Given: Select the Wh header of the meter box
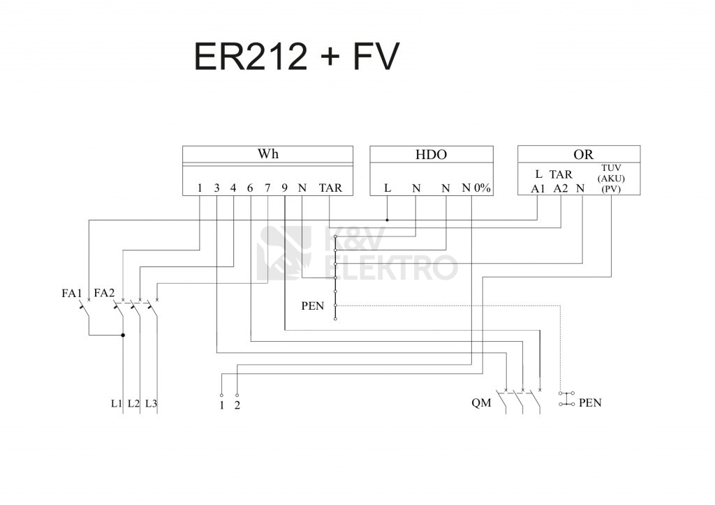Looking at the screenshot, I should pyautogui.click(x=267, y=154).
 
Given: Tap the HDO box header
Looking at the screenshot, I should pyautogui.click(x=431, y=155).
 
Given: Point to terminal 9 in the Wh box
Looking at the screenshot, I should pyautogui.click(x=285, y=188).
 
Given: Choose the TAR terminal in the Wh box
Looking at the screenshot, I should pyautogui.click(x=330, y=188).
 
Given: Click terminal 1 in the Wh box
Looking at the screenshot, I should pyautogui.click(x=200, y=188).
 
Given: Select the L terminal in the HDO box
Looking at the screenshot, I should pyautogui.click(x=388, y=188).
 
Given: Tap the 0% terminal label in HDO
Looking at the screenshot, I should pyautogui.click(x=482, y=188).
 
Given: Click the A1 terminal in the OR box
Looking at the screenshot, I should pyautogui.click(x=538, y=188).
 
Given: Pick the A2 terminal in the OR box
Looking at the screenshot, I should pyautogui.click(x=561, y=188).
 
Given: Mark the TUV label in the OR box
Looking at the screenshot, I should pyautogui.click(x=611, y=168).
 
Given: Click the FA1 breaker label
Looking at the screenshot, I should pyautogui.click(x=72, y=293).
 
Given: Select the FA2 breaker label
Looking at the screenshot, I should pyautogui.click(x=104, y=293).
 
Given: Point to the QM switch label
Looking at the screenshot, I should pyautogui.click(x=481, y=403).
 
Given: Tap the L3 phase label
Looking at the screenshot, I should pyautogui.click(x=151, y=404).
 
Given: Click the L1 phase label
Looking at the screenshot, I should pyautogui.click(x=116, y=404).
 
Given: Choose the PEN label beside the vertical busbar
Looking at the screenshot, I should pyautogui.click(x=312, y=306).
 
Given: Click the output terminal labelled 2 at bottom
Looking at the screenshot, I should pyautogui.click(x=237, y=405).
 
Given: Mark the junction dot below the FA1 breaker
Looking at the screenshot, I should pyautogui.click(x=123, y=336).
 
